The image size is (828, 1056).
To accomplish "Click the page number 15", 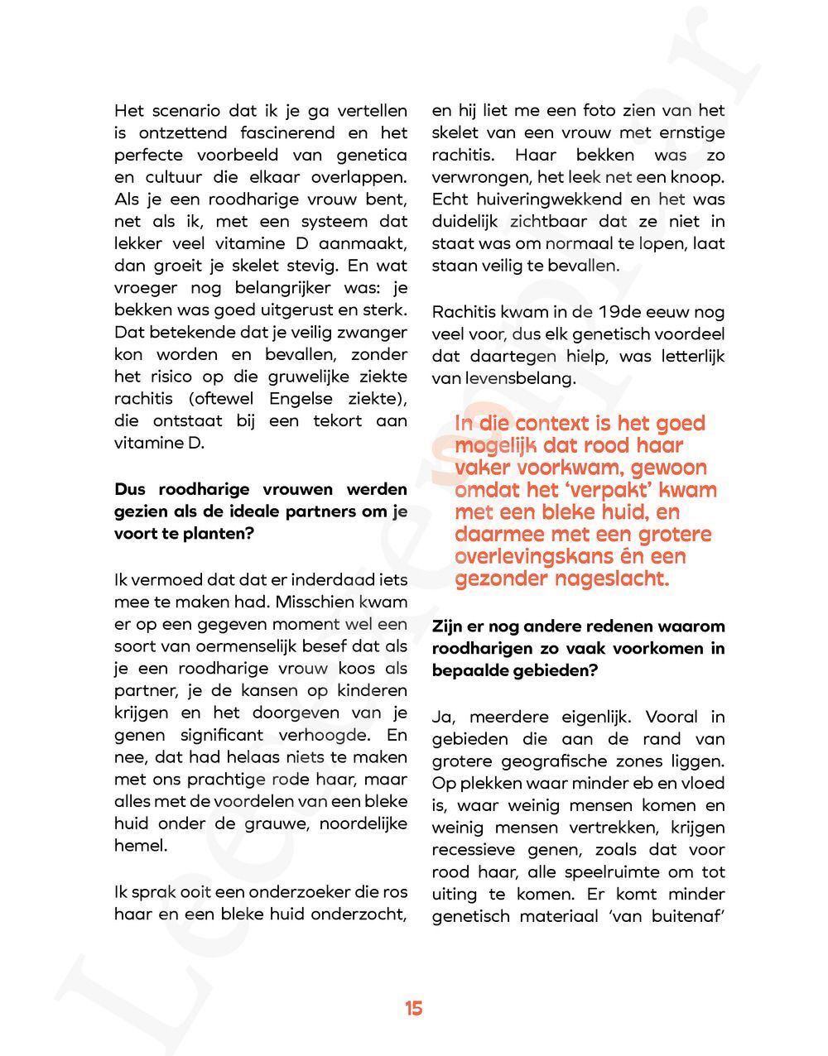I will (x=414, y=1008).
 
